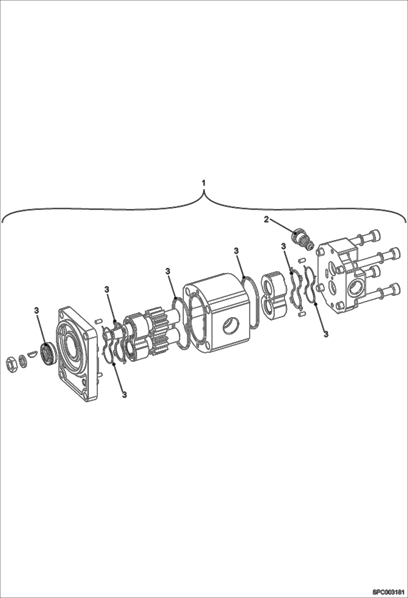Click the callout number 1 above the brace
pyautogui.click(x=203, y=183)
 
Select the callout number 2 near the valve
pyautogui.click(x=266, y=219)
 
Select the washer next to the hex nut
pyautogui.click(x=23, y=360)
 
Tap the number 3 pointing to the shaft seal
pyautogui.click(x=36, y=310)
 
